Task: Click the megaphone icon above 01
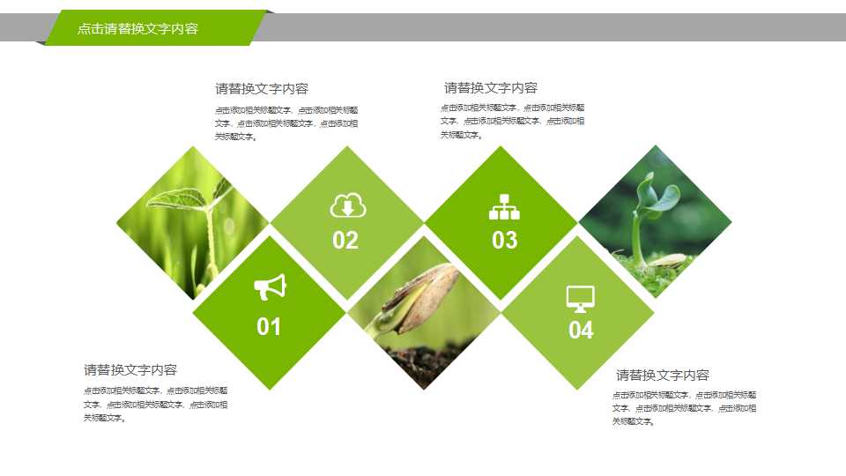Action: point(271,287)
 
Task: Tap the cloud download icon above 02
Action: point(347,206)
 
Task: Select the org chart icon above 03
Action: point(504,207)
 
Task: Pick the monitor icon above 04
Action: point(580,299)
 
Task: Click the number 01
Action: point(269,327)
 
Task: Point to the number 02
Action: point(345,241)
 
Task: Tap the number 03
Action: point(504,240)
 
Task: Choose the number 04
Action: point(581,331)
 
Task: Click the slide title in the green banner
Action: point(137,29)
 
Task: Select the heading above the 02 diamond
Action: point(262,88)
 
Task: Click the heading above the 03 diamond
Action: point(491,87)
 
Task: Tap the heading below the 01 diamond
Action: point(130,369)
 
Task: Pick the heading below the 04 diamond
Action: point(663,375)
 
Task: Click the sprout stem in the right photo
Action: point(636,238)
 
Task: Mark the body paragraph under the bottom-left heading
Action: point(156,404)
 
